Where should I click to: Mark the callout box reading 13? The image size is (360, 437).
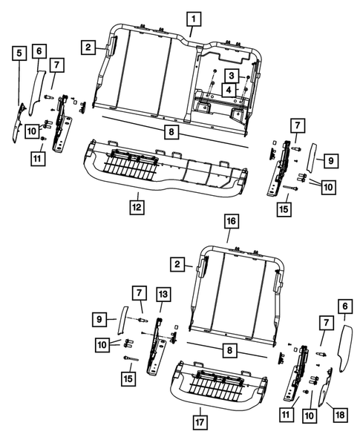click(x=162, y=295)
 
